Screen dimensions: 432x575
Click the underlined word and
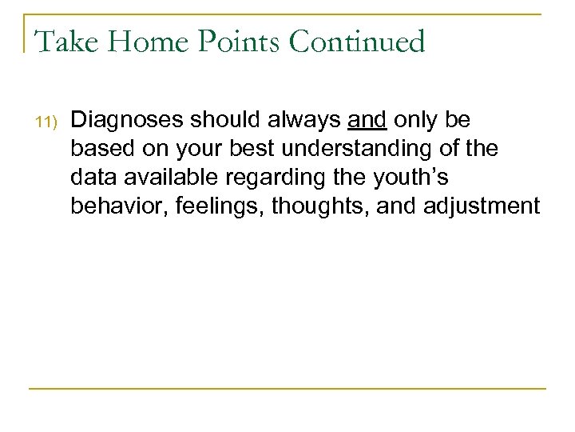367,120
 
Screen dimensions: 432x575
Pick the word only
414,120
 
